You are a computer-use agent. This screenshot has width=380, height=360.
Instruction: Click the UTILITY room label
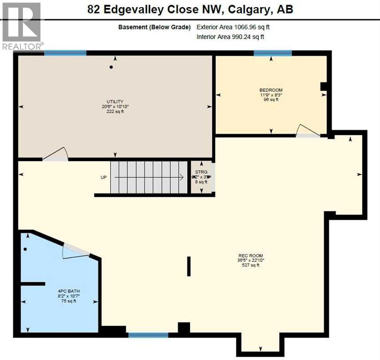114,102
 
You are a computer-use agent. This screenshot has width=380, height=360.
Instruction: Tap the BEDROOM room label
271,90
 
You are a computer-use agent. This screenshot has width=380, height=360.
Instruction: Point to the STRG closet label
201,172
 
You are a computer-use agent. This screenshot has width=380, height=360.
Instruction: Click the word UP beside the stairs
104,178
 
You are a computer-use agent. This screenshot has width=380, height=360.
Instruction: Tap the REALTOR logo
22,25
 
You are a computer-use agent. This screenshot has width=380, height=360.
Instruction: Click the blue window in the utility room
65,53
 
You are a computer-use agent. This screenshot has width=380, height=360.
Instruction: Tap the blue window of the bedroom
273,53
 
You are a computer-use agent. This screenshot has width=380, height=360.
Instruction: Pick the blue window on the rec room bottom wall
148,335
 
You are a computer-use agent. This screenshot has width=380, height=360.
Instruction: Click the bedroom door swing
308,131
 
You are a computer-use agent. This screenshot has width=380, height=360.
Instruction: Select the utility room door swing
56,155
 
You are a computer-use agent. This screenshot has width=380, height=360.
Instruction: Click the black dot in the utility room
111,67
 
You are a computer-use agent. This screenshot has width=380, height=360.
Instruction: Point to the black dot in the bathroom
25,249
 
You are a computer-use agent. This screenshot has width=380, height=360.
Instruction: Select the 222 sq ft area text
114,112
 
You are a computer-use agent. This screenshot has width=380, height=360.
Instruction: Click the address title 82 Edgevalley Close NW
190,9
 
